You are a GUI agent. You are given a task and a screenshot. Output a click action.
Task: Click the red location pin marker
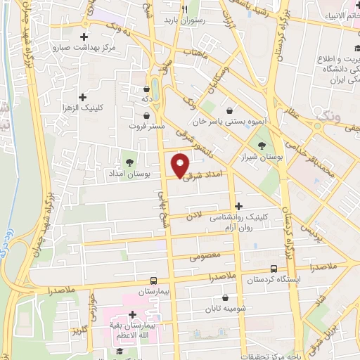(181, 165)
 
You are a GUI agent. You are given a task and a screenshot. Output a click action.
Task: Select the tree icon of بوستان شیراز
(262, 146)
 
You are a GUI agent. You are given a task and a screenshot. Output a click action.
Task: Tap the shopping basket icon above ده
(146, 89)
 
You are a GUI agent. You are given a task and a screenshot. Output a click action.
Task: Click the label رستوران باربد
(184, 21)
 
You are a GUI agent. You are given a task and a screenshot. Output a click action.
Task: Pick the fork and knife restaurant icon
(184, 10)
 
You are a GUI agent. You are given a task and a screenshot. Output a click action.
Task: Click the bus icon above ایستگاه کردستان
(274, 269)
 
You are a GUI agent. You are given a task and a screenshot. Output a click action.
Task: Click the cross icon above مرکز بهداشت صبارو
(84, 36)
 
